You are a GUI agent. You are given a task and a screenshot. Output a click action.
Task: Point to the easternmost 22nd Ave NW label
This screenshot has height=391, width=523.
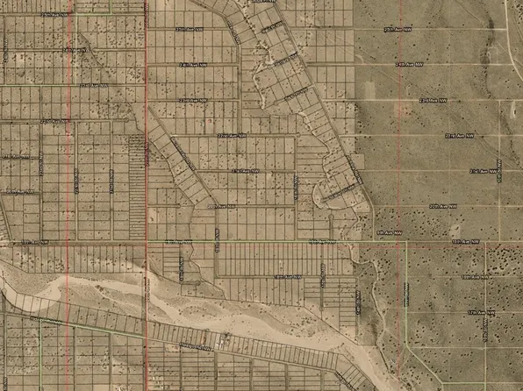[x=462, y=136]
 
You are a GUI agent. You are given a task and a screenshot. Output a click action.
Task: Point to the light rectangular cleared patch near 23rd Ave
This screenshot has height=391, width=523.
[x=369, y=91]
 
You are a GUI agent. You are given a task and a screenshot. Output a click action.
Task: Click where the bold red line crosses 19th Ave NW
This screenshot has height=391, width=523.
[x=146, y=240]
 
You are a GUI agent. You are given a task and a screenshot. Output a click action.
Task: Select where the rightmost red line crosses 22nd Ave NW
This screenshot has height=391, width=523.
[x=405, y=137]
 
